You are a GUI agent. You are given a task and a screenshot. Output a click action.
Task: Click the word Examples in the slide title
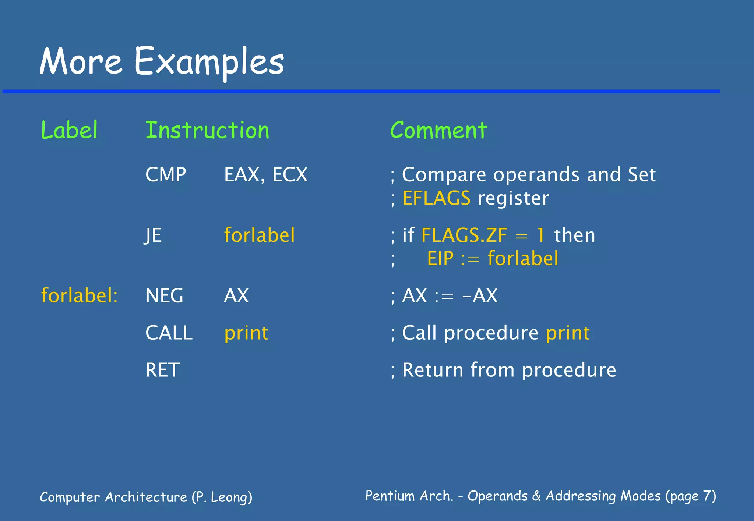click(209, 62)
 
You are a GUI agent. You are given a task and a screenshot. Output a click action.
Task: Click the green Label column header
click(69, 130)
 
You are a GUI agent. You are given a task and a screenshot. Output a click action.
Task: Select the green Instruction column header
click(207, 130)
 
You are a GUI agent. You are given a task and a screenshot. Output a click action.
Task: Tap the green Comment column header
click(438, 130)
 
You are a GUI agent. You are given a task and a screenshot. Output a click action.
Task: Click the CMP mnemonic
click(166, 174)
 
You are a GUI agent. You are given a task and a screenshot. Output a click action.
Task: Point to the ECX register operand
click(290, 174)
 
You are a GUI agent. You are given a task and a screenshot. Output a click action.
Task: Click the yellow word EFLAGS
click(436, 198)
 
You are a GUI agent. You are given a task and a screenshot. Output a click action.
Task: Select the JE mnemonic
click(153, 235)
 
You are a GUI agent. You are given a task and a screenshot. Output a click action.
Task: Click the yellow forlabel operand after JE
click(260, 235)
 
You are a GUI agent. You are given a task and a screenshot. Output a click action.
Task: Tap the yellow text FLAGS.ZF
click(464, 235)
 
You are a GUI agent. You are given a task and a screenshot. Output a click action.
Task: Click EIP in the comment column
click(440, 258)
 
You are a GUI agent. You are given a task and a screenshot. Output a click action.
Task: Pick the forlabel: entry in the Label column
click(79, 295)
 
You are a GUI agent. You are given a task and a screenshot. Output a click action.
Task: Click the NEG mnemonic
click(164, 295)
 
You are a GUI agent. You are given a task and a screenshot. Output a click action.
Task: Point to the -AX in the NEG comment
click(480, 295)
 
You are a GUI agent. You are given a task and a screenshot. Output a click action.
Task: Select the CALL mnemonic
click(169, 333)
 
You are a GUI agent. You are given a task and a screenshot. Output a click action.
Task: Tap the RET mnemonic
click(163, 370)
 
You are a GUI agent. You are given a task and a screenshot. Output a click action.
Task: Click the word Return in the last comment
click(433, 370)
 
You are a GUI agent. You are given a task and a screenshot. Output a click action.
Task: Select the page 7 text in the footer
click(690, 496)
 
